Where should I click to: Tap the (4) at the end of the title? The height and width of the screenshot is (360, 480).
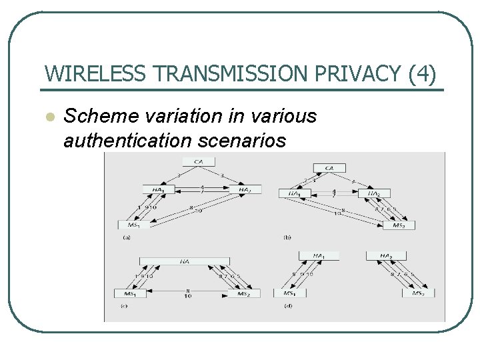423,74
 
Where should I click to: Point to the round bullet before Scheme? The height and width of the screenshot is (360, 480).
48,117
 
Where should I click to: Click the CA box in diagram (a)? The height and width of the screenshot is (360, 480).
199,161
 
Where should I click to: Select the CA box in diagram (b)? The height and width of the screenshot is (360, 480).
329,167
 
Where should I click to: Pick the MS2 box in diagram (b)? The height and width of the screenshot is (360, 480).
398,225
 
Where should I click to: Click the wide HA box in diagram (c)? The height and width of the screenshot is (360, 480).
185,261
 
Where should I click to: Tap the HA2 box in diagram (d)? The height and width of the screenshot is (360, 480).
385,256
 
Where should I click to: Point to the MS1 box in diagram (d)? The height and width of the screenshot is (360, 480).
288,293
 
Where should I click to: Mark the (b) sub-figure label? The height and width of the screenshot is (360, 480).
287,237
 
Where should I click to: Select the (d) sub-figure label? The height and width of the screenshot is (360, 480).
287,306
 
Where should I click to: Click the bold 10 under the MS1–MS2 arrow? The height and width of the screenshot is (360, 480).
188,297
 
